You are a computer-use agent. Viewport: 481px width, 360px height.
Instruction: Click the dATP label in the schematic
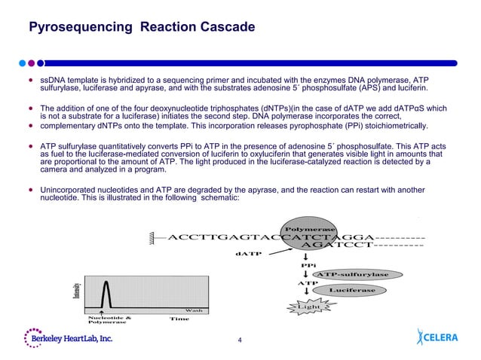248,254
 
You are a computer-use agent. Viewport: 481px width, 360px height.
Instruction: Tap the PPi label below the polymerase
308,265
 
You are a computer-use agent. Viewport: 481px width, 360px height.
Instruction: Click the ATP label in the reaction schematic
308,283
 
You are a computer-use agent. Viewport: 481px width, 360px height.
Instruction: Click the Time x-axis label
179,319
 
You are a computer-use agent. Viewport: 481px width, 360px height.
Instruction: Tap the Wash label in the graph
194,310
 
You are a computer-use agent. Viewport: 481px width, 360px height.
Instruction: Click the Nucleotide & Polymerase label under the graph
109,320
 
